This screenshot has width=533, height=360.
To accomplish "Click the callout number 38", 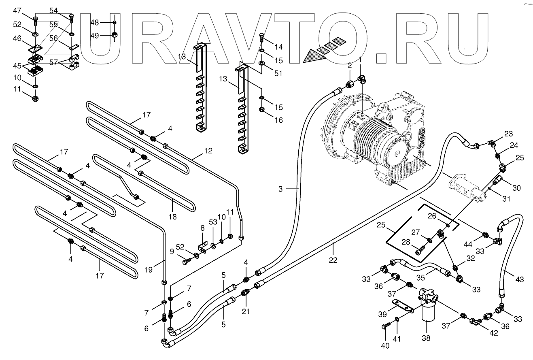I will click(x=426, y=338).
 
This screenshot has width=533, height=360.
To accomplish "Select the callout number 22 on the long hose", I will click(x=333, y=260).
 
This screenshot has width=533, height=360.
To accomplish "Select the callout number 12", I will click(x=208, y=151).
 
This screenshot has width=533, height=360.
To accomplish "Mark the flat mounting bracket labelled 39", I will click(x=402, y=307).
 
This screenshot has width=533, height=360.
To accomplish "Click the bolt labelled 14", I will click(x=261, y=38).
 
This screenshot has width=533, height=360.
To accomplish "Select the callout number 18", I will click(x=173, y=217).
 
